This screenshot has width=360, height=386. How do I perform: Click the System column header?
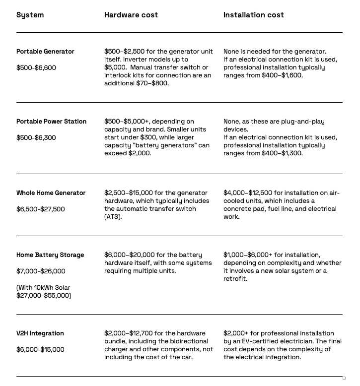point(30,15)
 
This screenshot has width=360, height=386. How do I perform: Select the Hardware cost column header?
point(131,15)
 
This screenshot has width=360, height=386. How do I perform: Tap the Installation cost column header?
point(253,15)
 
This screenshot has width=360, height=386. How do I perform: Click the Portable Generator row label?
point(45,52)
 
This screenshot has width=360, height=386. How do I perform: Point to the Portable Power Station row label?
point(51,122)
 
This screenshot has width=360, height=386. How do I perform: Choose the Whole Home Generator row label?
point(51,193)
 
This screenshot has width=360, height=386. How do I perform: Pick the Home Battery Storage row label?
point(50,255)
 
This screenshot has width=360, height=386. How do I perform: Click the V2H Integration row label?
point(40,333)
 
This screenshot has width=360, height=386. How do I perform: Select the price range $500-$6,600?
point(36,68)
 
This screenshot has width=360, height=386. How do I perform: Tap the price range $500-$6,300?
point(36,138)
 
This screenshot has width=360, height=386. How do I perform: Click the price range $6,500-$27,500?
point(41,209)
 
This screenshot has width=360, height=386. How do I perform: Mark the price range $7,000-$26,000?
point(41,271)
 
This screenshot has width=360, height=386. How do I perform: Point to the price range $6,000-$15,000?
point(40,350)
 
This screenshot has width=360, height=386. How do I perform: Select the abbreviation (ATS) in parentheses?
point(113,217)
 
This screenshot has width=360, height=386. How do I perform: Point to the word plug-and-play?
point(302,122)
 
